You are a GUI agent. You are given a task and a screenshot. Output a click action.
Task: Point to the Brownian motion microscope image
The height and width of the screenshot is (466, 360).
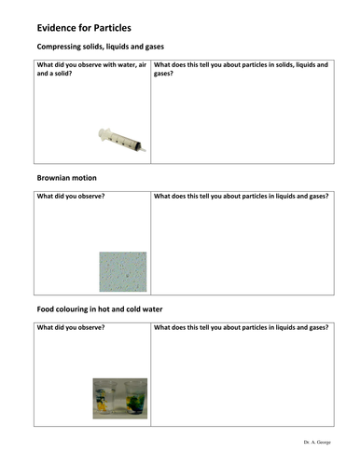(123, 270)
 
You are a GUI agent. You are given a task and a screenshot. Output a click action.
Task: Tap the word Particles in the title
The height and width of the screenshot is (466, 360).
(121, 27)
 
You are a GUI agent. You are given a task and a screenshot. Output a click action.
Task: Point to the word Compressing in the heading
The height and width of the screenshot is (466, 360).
(60, 47)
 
